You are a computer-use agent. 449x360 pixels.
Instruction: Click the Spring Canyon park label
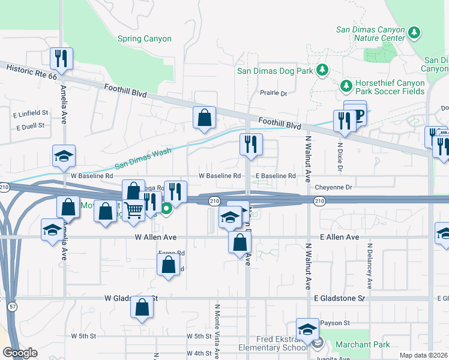145,39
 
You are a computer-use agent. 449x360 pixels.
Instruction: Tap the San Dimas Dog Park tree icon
322,71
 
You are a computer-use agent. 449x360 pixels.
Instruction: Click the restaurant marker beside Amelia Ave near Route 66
61,58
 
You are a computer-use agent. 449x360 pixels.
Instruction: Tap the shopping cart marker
133,209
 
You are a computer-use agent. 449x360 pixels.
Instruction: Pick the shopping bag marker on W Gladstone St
142,307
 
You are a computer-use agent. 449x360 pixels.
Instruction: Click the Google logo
20,352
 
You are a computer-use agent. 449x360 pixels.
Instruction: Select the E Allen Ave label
339,238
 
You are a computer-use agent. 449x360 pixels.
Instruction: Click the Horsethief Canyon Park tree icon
346,86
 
